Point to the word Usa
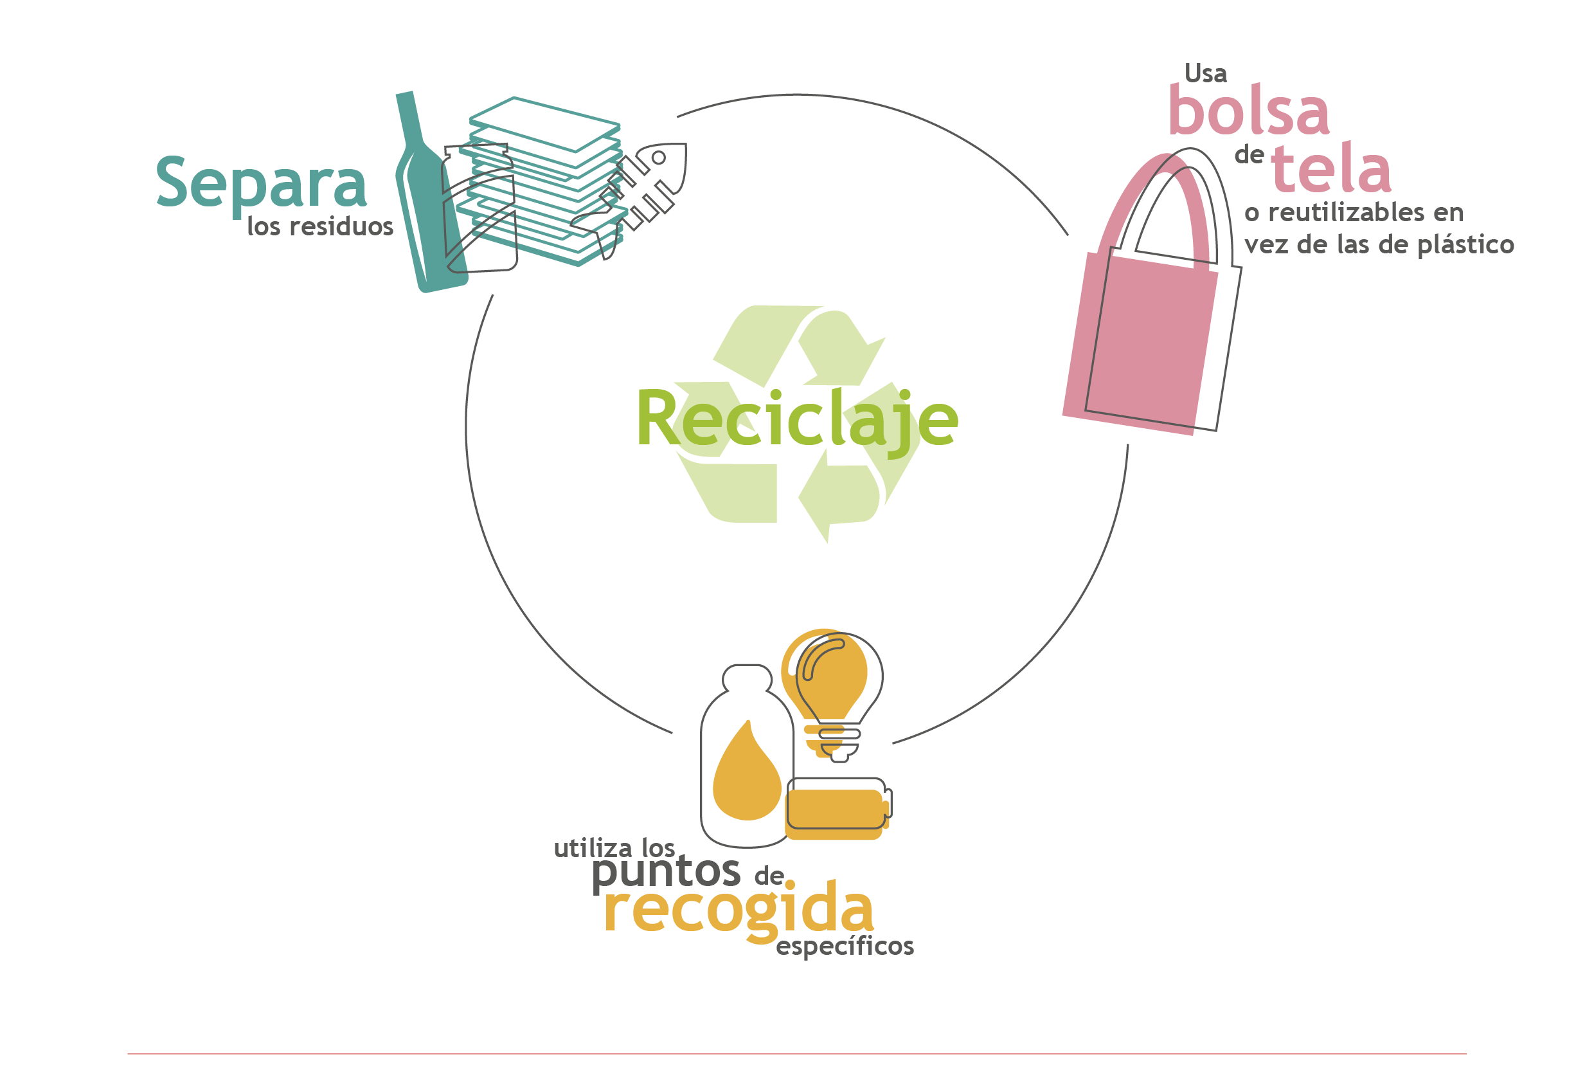coord(1205,73)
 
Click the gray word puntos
coord(666,873)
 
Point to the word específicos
coord(845,947)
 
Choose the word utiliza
coord(595,849)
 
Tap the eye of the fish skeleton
coord(658,158)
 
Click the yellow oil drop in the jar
coord(747,771)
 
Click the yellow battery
coord(837,815)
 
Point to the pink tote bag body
coord(1140,343)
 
